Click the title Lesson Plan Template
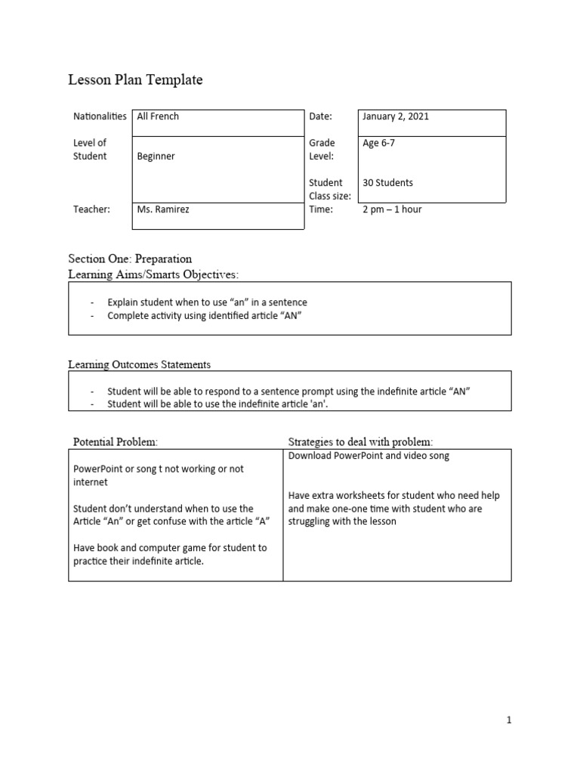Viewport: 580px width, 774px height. point(135,80)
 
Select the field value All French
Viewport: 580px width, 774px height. point(158,116)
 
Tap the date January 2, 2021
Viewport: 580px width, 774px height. point(396,116)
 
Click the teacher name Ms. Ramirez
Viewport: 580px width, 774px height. point(162,209)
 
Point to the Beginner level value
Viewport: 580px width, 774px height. point(156,156)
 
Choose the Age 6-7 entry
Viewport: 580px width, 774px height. point(378,143)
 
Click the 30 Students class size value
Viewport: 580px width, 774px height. point(387,183)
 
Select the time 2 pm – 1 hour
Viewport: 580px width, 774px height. point(392,209)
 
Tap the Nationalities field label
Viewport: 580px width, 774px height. point(100,116)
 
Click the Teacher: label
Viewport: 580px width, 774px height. point(91,209)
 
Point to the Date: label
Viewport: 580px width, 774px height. point(321,116)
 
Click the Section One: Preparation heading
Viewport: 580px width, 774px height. point(130,259)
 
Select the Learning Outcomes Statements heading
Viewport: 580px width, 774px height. point(139,364)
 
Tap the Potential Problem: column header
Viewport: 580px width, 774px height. point(116,441)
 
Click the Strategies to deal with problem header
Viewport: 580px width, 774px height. point(360,441)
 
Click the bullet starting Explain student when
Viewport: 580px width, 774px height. point(207,302)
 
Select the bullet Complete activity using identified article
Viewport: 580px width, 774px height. point(204,316)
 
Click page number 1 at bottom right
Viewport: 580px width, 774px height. point(509,720)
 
